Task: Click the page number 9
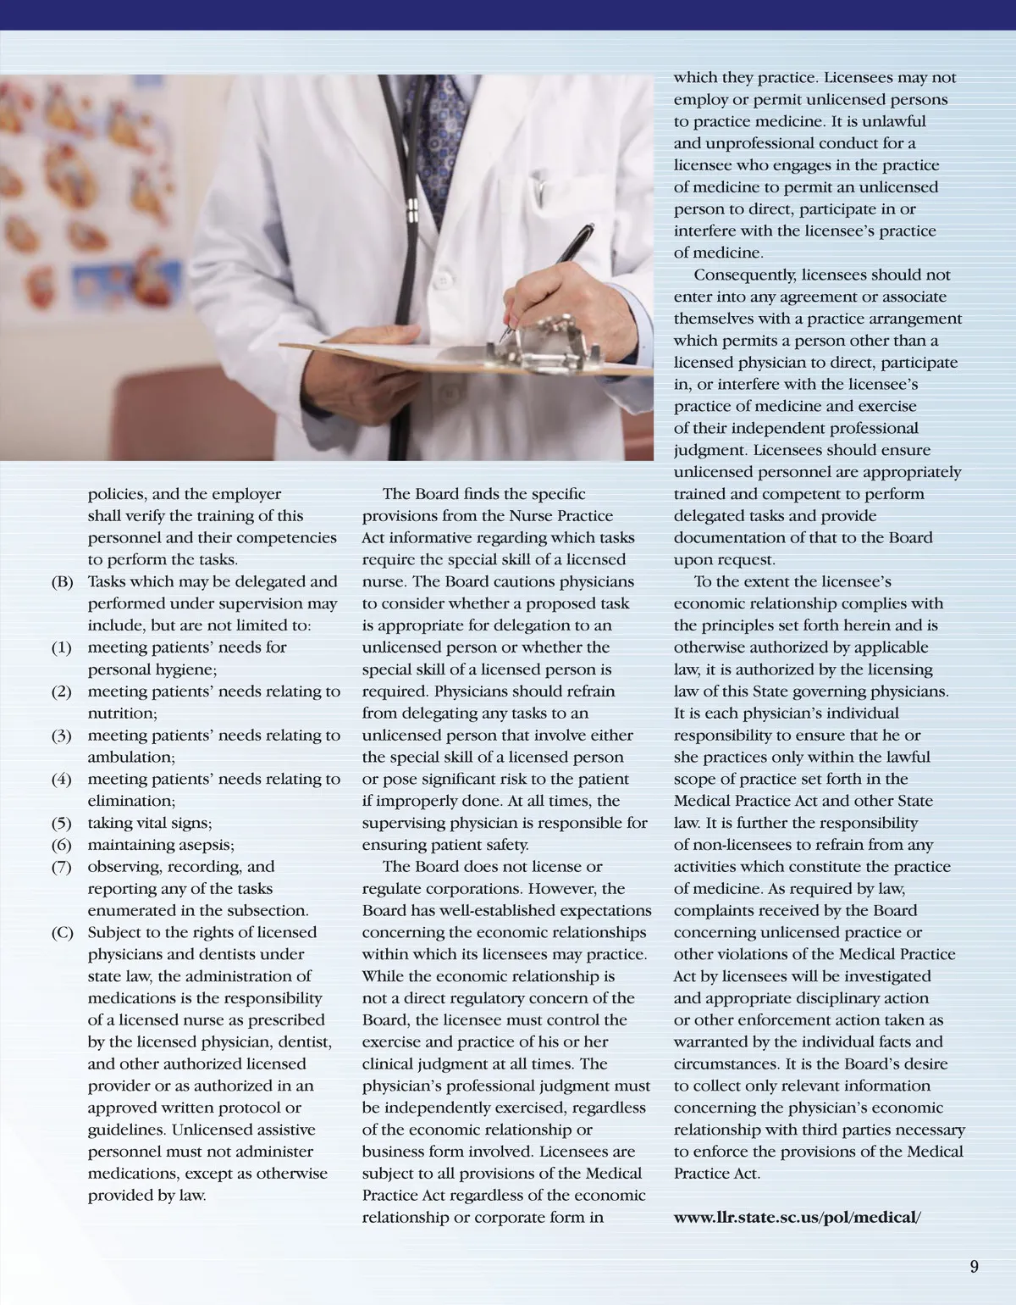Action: coord(974,1266)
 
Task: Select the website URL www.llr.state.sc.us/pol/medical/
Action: coord(797,1218)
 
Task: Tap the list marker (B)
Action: coord(63,582)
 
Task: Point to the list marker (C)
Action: coord(63,933)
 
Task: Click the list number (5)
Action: coord(62,823)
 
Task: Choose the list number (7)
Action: coord(62,867)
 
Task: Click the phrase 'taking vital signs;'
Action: coord(150,823)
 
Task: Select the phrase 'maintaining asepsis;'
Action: coord(161,845)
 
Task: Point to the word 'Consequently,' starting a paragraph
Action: coord(745,275)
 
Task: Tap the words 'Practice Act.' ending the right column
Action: coord(717,1174)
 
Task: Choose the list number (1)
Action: coord(62,647)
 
